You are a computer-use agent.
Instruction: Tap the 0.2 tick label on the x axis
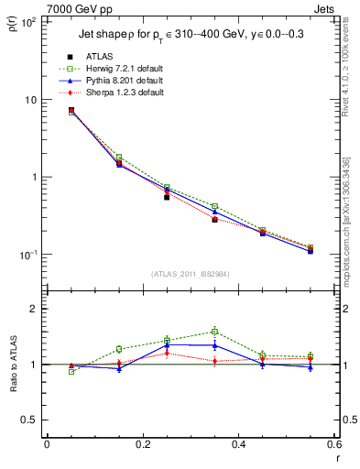[141, 445]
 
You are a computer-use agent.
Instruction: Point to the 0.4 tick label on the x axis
[237, 445]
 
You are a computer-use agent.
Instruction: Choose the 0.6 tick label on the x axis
[333, 445]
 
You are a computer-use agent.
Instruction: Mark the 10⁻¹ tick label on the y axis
[27, 254]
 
